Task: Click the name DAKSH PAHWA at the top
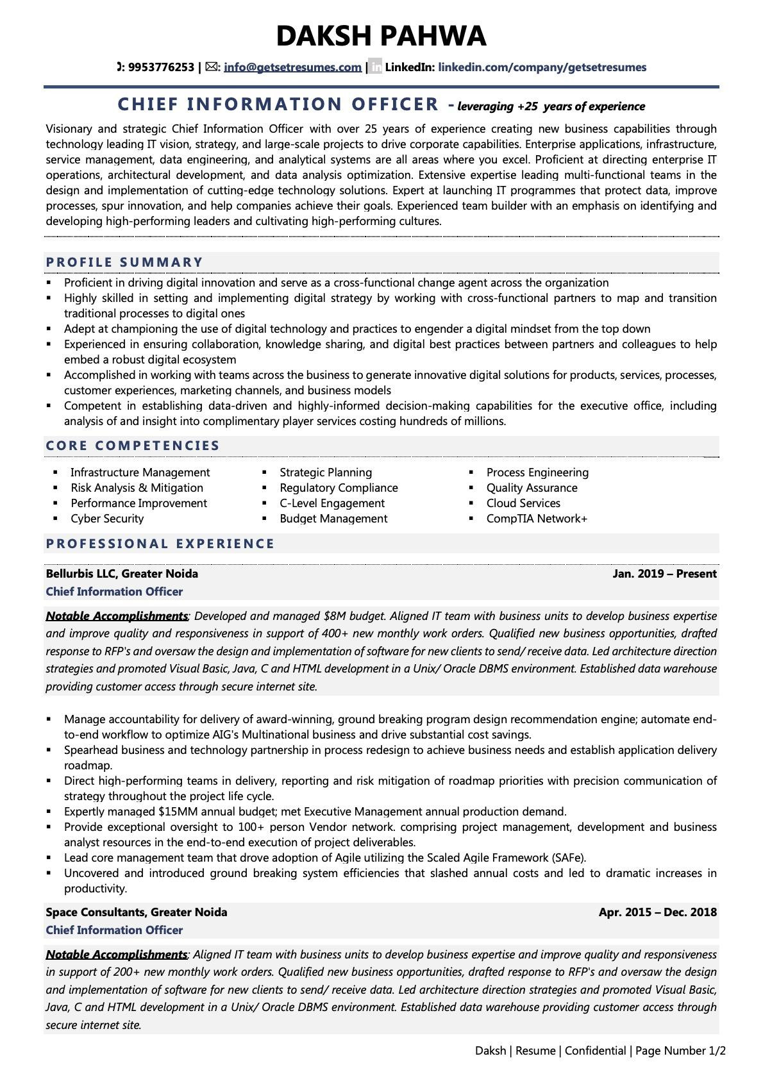pos(381,36)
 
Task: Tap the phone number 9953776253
pos(161,67)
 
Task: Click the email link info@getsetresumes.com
pos(292,67)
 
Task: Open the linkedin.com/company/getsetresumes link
pos(542,67)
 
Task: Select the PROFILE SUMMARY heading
pos(124,262)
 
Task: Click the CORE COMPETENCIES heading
pos(133,446)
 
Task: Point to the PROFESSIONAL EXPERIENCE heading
pos(160,544)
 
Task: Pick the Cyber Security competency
pos(107,519)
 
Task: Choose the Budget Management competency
pos(333,519)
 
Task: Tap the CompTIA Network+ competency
pos(537,519)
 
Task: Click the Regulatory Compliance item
pos(339,488)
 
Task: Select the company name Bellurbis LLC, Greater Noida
pos(122,574)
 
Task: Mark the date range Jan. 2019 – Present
pos(664,574)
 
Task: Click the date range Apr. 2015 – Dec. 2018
pos(657,912)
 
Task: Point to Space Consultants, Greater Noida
pos(137,912)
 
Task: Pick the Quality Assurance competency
pos(532,488)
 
